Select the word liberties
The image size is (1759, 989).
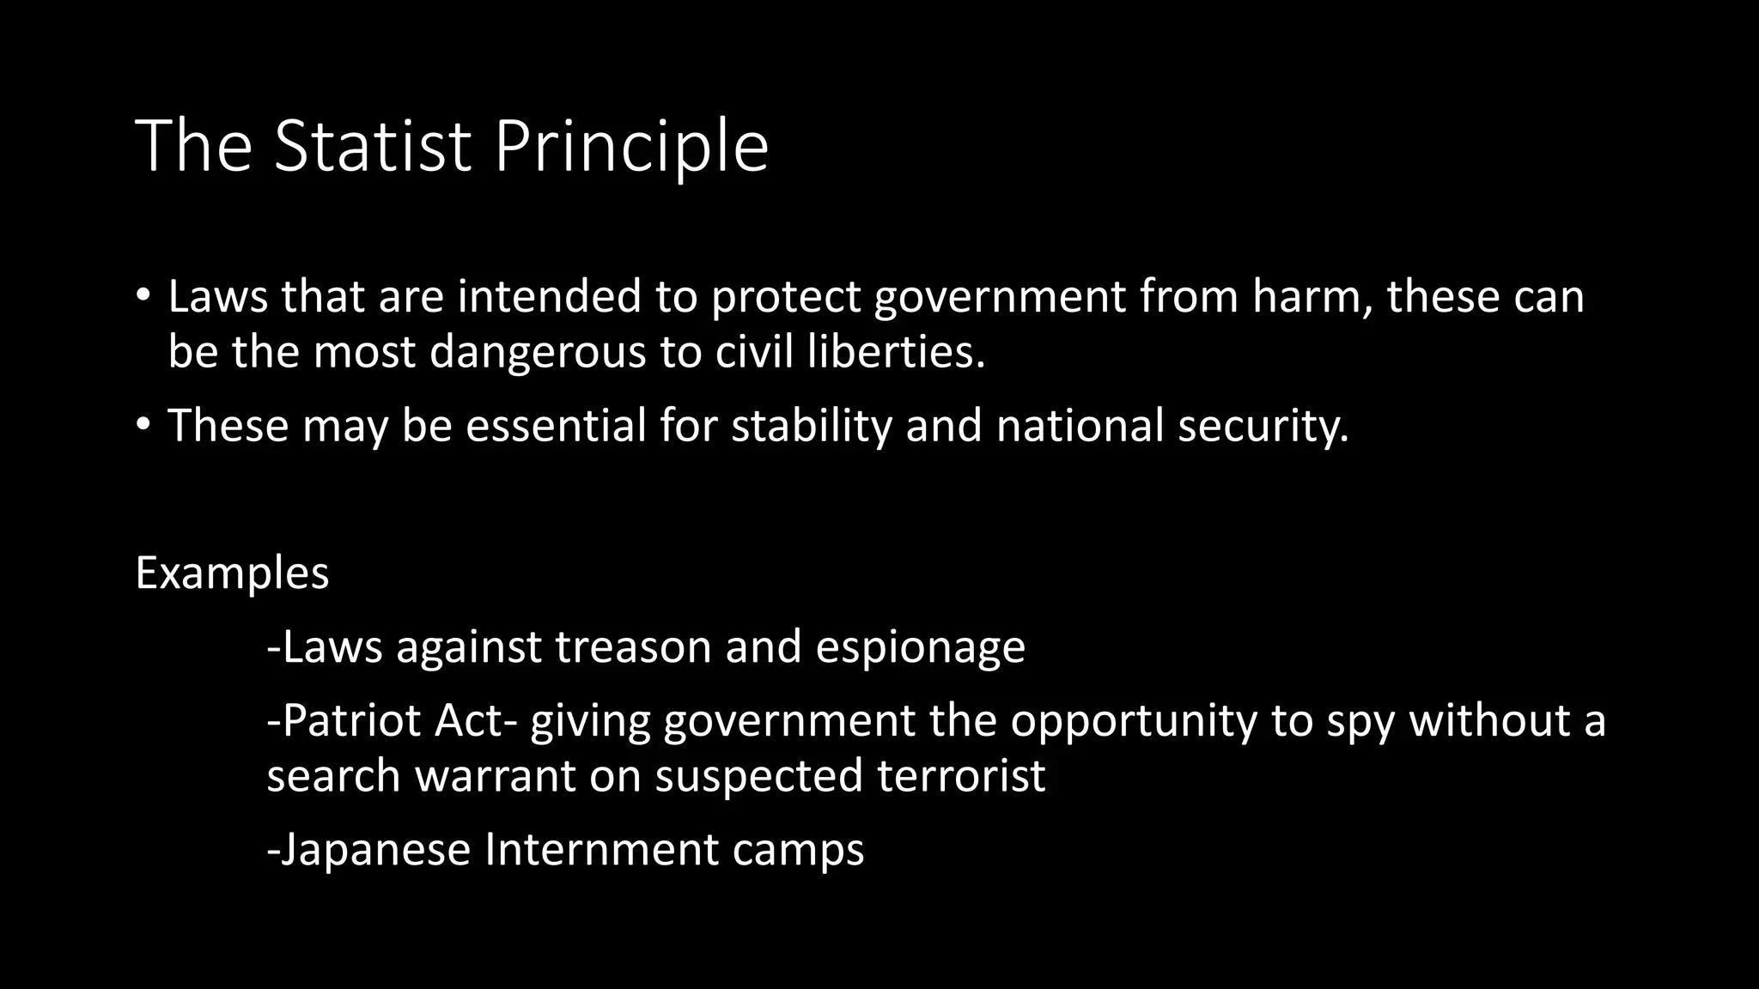pyautogui.click(x=895, y=352)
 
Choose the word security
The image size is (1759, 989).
pyautogui.click(x=1263, y=426)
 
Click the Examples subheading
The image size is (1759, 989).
pyautogui.click(x=232, y=573)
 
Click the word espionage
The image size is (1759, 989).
pyautogui.click(x=920, y=648)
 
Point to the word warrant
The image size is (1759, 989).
pyautogui.click(x=496, y=776)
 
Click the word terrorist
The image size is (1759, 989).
pyautogui.click(x=961, y=776)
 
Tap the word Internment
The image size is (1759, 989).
pyautogui.click(x=601, y=849)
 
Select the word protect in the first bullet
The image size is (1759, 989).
pyautogui.click(x=785, y=297)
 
